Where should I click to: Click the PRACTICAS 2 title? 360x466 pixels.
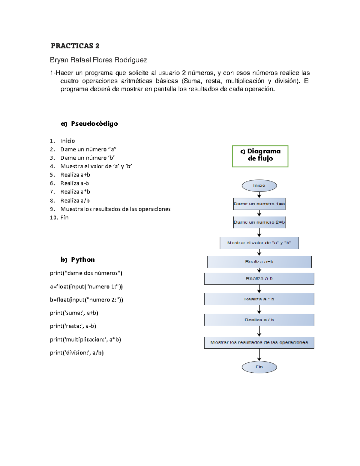pyautogui.click(x=75, y=46)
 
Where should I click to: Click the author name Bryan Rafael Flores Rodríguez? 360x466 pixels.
pyautogui.click(x=98, y=60)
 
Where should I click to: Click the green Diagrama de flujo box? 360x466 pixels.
pyautogui.click(x=260, y=156)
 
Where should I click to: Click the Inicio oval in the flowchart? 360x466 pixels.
pyautogui.click(x=259, y=186)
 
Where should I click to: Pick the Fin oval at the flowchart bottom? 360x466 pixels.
pyautogui.click(x=259, y=367)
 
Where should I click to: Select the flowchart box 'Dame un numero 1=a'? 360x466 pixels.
pyautogui.click(x=259, y=204)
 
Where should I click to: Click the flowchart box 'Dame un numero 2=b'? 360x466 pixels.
pyautogui.click(x=259, y=222)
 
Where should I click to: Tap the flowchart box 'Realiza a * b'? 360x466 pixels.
pyautogui.click(x=259, y=299)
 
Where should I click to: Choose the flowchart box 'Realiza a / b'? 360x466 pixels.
pyautogui.click(x=259, y=320)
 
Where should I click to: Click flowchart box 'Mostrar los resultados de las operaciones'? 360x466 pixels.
pyautogui.click(x=259, y=342)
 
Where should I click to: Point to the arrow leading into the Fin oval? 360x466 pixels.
pyautogui.click(x=259, y=355)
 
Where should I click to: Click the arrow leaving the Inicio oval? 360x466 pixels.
pyautogui.click(x=259, y=195)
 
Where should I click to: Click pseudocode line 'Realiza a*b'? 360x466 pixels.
pyautogui.click(x=75, y=192)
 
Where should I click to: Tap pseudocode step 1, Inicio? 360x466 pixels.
pyautogui.click(x=67, y=141)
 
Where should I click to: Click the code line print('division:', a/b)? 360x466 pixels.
pyautogui.click(x=77, y=353)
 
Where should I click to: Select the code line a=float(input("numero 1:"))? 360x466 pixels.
pyautogui.click(x=86, y=287)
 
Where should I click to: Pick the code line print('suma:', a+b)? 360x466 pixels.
pyautogui.click(x=74, y=313)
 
